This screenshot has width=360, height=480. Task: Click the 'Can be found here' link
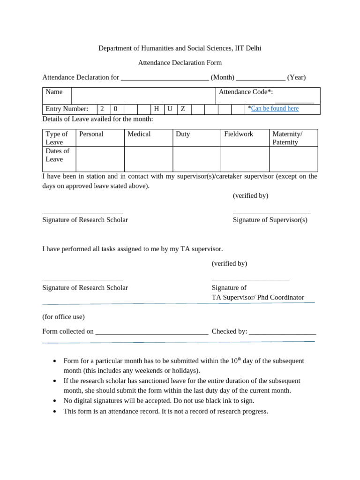(x=275, y=109)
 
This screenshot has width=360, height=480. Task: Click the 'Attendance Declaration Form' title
(x=180, y=63)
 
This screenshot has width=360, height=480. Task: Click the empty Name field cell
(x=143, y=96)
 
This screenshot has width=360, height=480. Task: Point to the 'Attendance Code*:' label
(x=246, y=92)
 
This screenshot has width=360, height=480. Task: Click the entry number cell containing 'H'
(x=157, y=109)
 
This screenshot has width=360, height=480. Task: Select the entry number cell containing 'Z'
(x=184, y=109)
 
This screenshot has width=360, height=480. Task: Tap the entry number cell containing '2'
(x=103, y=109)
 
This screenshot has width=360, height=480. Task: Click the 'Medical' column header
(x=139, y=134)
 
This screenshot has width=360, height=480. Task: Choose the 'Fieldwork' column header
(x=239, y=134)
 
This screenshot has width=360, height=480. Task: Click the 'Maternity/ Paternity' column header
(x=287, y=138)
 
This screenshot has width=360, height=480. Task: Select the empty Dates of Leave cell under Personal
(x=100, y=159)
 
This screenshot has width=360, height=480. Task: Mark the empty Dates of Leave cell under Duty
(x=196, y=159)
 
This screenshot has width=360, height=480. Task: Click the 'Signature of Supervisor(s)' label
(x=270, y=220)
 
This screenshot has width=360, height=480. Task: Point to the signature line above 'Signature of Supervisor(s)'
(x=271, y=213)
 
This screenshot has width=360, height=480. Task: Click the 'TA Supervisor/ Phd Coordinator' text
(x=258, y=298)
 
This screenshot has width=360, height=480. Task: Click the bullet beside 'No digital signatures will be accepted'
(x=55, y=401)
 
